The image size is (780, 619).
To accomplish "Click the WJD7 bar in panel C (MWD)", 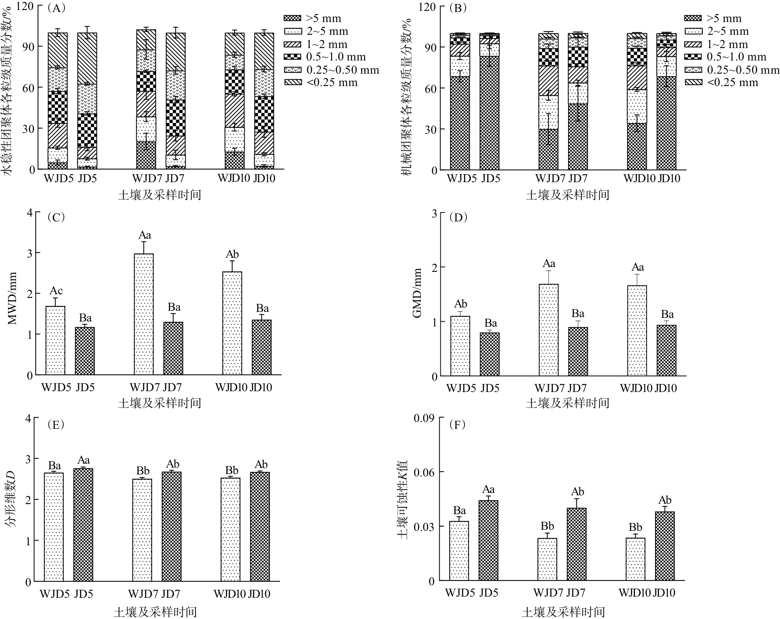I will tap(144, 314).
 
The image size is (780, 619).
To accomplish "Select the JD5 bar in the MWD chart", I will tap(85, 351).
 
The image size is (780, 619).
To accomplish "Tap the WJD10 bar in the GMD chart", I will tap(637, 331).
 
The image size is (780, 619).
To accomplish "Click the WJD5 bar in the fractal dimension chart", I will tap(54, 527).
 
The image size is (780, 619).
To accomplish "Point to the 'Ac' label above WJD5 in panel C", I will tap(56, 291).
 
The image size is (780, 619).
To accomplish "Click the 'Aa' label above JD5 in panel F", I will tap(489, 489).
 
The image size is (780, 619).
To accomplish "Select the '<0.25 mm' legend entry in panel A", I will tap(320, 82).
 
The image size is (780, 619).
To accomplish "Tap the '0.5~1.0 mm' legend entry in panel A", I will tap(324, 57).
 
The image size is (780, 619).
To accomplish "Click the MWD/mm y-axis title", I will tap(12, 298).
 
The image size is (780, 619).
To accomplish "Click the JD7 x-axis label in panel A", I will tap(175, 178).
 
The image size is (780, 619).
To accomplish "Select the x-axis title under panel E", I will tap(155, 611).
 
